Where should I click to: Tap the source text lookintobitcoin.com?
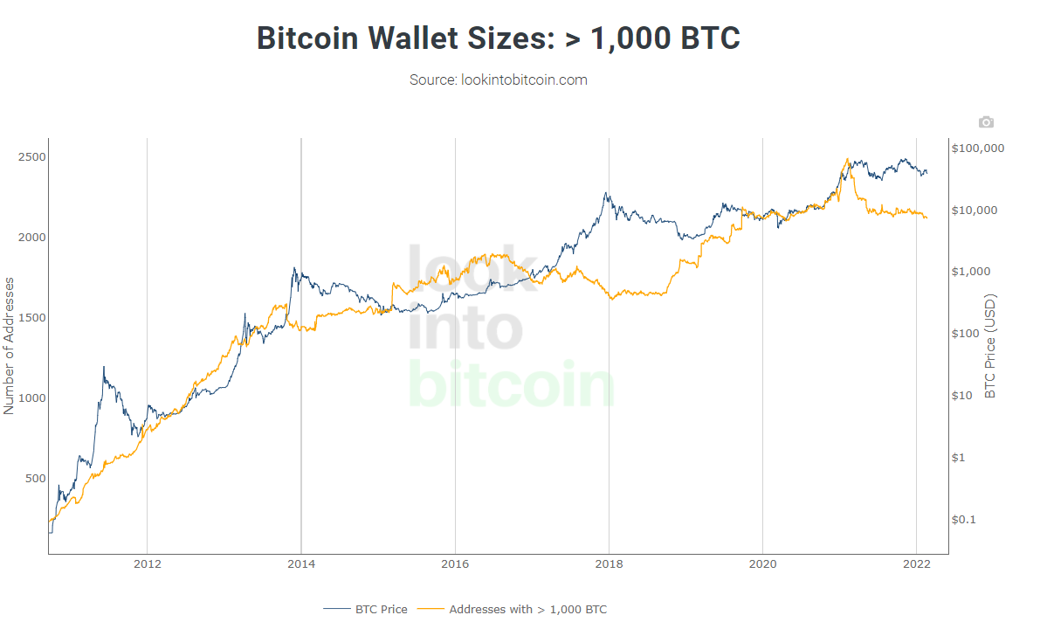(498, 79)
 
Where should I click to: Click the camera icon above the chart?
(986, 122)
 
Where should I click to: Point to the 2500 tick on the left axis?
(31, 156)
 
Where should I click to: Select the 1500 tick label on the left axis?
(31, 317)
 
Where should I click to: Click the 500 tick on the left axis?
(34, 478)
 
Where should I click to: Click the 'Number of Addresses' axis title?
(10, 345)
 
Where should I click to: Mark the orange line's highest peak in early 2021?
(847, 159)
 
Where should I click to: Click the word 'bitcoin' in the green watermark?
(511, 384)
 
